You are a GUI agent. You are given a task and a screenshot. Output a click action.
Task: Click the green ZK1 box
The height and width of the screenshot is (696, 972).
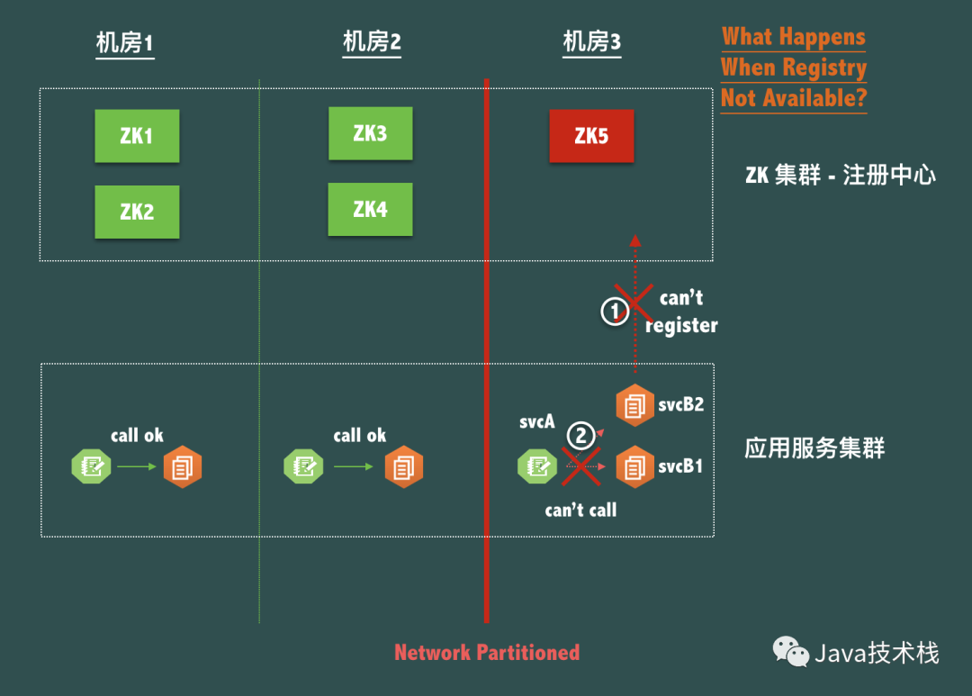[137, 136]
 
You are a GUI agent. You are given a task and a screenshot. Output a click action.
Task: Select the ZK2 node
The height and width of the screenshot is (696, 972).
[137, 212]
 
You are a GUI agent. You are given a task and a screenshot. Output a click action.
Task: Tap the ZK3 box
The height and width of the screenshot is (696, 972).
[370, 133]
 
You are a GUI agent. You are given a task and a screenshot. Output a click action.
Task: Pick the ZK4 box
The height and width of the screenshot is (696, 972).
[370, 209]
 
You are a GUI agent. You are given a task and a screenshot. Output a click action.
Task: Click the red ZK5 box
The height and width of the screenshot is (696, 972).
[591, 136]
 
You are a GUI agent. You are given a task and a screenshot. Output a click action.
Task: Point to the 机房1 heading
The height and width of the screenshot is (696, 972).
[125, 42]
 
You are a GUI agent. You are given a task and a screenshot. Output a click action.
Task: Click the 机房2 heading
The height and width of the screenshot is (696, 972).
[372, 41]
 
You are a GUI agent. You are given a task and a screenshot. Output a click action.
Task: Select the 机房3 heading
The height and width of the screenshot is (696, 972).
[591, 41]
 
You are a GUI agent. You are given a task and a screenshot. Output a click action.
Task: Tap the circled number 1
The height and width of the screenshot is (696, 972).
[615, 312]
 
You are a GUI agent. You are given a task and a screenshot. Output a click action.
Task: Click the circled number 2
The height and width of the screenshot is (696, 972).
[580, 437]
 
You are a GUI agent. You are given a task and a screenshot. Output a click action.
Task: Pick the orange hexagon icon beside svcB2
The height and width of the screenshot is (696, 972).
[634, 405]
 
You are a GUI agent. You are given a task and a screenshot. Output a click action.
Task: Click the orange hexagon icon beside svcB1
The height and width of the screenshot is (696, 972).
[634, 467]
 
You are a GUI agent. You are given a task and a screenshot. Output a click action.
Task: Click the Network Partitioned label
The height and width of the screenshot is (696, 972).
[487, 653]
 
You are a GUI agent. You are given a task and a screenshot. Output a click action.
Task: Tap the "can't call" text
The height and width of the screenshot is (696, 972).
[580, 511]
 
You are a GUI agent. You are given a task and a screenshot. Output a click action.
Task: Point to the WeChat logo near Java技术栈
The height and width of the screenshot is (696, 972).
[791, 651]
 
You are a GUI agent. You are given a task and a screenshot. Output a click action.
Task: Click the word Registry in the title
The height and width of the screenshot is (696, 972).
[823, 68]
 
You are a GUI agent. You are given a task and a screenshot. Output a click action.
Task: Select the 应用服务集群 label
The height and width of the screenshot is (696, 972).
[814, 448]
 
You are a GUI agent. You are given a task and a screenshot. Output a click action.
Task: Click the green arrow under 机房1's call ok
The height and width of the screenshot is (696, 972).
[136, 466]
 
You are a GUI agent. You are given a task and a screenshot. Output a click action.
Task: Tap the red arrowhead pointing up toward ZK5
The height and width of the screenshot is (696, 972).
[634, 240]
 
